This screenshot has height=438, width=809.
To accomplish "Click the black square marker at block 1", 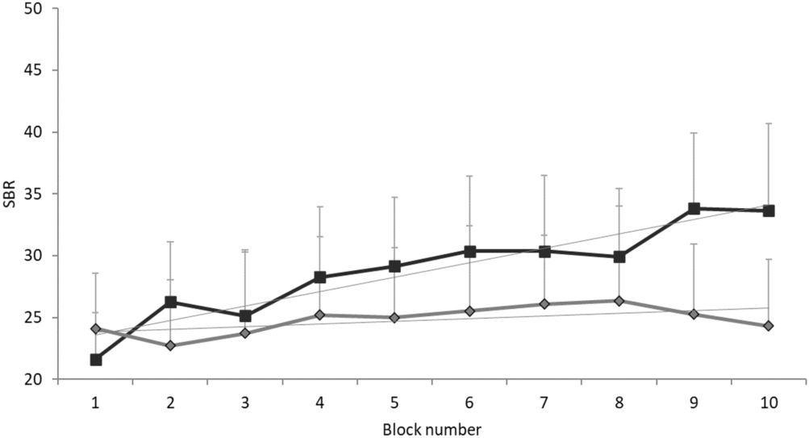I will [x=96, y=360].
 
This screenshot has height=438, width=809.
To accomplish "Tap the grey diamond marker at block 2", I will [x=170, y=345].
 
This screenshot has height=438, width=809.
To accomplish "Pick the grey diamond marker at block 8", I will [x=619, y=301].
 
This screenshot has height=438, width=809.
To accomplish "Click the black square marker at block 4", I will [x=320, y=277].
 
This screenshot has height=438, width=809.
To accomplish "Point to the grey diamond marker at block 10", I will [x=769, y=326].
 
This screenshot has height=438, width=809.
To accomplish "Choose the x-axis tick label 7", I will [x=544, y=401].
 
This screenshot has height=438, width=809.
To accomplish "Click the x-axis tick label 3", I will [x=245, y=401].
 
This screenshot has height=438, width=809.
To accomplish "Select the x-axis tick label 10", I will [x=769, y=401].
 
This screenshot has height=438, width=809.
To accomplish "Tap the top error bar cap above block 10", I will [x=769, y=123].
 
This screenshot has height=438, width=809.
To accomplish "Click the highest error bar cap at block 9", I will [x=694, y=132].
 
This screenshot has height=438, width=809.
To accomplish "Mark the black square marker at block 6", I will [x=469, y=252].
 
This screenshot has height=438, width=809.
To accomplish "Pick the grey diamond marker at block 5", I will [x=394, y=318].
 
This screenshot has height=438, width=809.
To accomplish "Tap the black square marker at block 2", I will [x=170, y=302].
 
